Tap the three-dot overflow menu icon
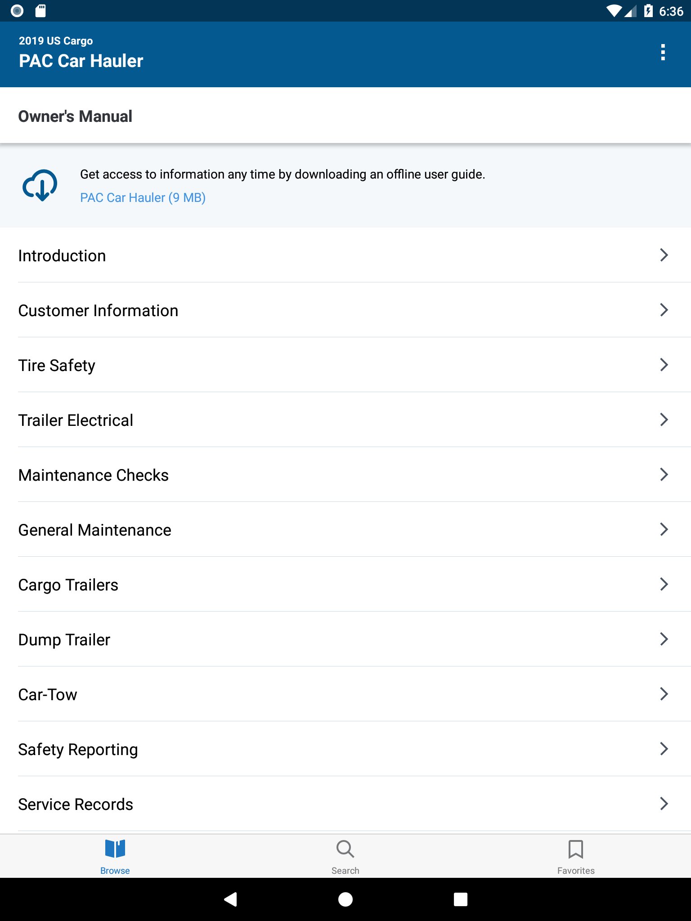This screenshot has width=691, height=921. pos(663,52)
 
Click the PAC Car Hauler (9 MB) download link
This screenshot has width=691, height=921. pos(143,198)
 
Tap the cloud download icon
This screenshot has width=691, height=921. pos(40,185)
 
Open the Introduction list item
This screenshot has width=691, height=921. pos(62,255)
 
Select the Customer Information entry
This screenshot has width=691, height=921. pos(98,310)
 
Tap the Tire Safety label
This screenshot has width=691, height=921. pos(57,365)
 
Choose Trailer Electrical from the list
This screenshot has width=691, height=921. pos(76,420)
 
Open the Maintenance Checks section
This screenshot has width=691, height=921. pos(94,475)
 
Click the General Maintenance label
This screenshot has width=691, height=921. pos(94,530)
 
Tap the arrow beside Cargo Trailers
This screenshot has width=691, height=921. pos(664,584)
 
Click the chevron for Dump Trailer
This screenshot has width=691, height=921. pos(664,639)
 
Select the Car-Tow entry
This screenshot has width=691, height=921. pos(48,694)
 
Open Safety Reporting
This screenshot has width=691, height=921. pos(78,749)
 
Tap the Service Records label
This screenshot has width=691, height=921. pos(76,804)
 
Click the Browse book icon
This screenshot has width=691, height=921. pos(115,849)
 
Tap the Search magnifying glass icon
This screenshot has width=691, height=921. pos(345,849)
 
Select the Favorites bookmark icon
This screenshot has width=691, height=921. pos(575,849)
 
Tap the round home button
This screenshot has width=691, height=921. pos(345,899)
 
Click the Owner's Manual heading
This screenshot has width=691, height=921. pos(75,116)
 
